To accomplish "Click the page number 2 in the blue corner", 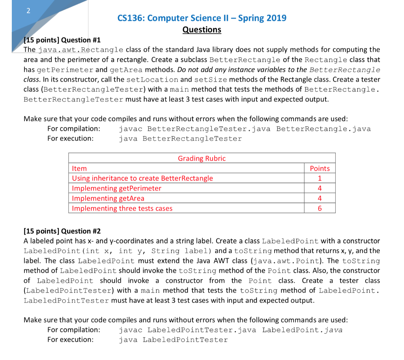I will tap(28, 11).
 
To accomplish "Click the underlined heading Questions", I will tap(202, 30).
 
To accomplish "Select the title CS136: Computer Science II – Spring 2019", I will tap(202, 18).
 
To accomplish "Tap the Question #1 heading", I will tap(62, 40).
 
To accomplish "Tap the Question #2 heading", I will tap(62, 231).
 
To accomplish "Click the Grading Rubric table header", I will tap(202, 159).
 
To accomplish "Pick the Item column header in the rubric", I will tap(79, 168).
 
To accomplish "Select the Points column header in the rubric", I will tap(320, 168).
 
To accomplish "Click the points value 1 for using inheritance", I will tap(320, 178).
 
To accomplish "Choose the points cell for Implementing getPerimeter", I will tap(320, 188).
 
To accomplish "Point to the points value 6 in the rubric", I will tap(320, 209).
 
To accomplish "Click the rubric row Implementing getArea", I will tap(108, 198).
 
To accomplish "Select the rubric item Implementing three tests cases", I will tap(122, 209).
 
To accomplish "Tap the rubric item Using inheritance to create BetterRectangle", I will tap(142, 178).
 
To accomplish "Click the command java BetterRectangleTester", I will tap(180, 138).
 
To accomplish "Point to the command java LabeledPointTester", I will tap(173, 340).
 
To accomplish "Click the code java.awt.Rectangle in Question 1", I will tap(80, 50).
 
